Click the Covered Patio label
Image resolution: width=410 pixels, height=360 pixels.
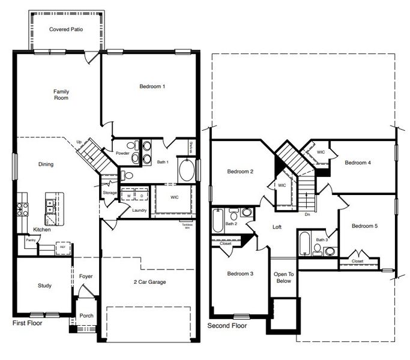pyautogui.click(x=65, y=29)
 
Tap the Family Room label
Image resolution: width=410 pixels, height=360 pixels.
pyautogui.click(x=61, y=95)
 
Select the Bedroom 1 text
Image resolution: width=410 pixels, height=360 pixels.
pyautogui.click(x=152, y=87)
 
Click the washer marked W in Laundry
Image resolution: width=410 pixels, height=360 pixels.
pyautogui.click(x=128, y=196)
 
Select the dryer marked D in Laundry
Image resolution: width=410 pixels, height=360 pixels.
pyautogui.click(x=142, y=196)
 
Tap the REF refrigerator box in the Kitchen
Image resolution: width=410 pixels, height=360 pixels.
pyautogui.click(x=61, y=246)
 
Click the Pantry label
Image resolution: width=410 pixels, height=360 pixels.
pyautogui.click(x=30, y=240)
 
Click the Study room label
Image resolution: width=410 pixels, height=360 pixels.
pyautogui.click(x=44, y=286)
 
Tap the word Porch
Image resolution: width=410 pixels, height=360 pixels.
pyautogui.click(x=86, y=316)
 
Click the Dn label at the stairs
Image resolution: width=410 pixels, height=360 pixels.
pyautogui.click(x=307, y=214)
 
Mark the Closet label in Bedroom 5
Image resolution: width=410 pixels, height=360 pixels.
pyautogui.click(x=357, y=262)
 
